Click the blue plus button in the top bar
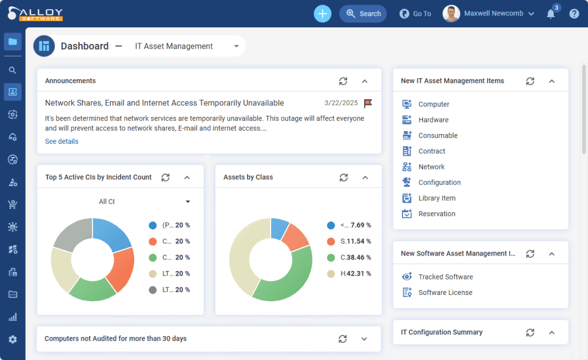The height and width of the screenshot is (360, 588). tap(323, 14)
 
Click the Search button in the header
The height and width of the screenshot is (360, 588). tap(363, 14)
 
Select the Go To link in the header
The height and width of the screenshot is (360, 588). tap(415, 14)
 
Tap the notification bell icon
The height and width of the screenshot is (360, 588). tap(551, 14)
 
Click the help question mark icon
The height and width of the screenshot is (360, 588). tap(574, 14)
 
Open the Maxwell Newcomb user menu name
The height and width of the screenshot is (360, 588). tap(493, 14)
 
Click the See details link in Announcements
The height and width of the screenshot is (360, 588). tap(62, 141)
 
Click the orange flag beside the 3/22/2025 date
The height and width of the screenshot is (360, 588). tap(368, 103)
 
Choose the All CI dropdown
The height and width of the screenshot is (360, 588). tap(144, 201)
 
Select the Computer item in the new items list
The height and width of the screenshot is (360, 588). tap(433, 104)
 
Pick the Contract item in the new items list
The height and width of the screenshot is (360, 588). tap(432, 151)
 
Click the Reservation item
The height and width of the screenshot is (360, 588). tap(437, 214)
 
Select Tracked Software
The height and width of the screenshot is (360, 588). tap(445, 277)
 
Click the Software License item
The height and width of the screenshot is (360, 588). tap(445, 293)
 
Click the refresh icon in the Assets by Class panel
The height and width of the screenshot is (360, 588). tap(344, 177)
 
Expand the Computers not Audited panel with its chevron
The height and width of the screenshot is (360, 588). tap(364, 339)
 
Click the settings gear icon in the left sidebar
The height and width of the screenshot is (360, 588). tap(13, 339)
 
